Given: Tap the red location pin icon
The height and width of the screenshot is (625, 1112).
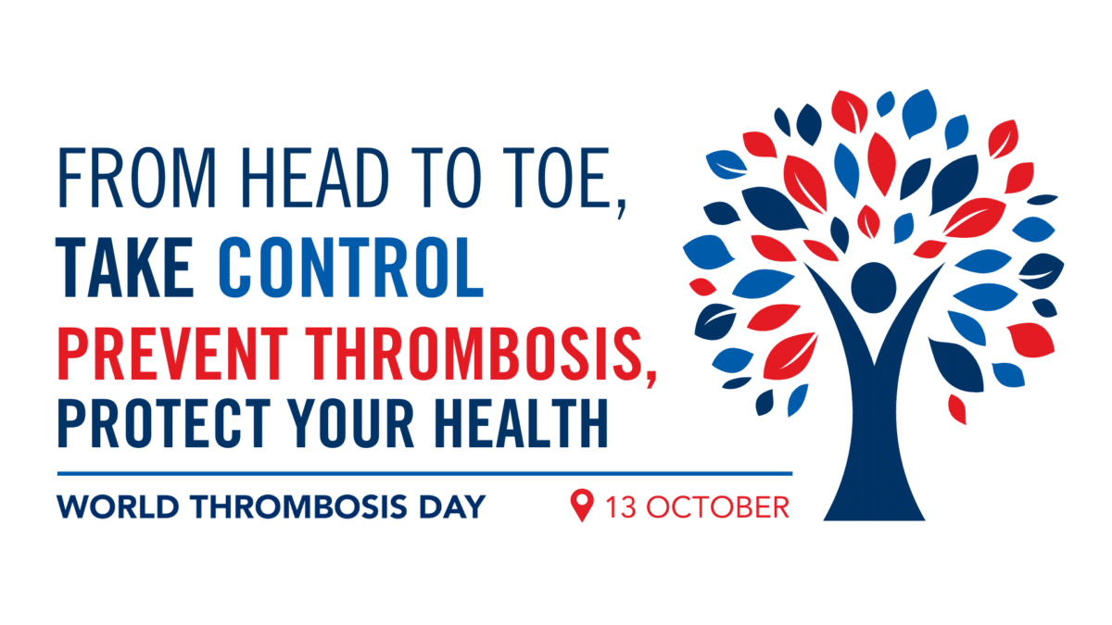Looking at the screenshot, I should [x=581, y=506].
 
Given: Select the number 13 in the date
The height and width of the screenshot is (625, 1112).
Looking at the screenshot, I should [x=619, y=507].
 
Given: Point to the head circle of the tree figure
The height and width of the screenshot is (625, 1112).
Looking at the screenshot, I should [x=872, y=284].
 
